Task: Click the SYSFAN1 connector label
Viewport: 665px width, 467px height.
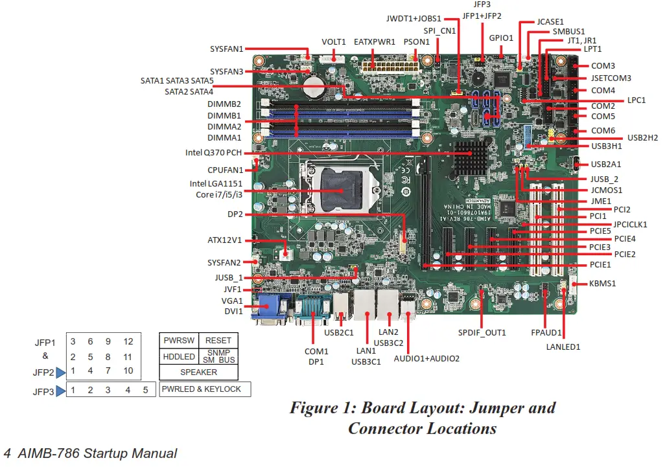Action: (226, 49)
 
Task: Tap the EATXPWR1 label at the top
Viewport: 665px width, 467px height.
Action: (375, 42)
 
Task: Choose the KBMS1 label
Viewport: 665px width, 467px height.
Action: (602, 283)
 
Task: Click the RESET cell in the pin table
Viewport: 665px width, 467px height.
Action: (218, 341)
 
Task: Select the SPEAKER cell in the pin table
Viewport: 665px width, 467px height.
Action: (198, 372)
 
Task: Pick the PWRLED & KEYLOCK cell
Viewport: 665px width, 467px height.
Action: (202, 389)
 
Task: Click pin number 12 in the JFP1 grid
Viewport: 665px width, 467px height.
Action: (128, 341)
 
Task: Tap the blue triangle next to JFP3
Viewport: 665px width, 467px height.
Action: (60, 391)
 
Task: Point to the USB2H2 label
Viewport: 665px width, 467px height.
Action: (642, 137)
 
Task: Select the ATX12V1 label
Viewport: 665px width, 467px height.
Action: (224, 240)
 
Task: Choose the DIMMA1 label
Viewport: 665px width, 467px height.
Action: (224, 137)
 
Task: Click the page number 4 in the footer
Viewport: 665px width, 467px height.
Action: (7, 453)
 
